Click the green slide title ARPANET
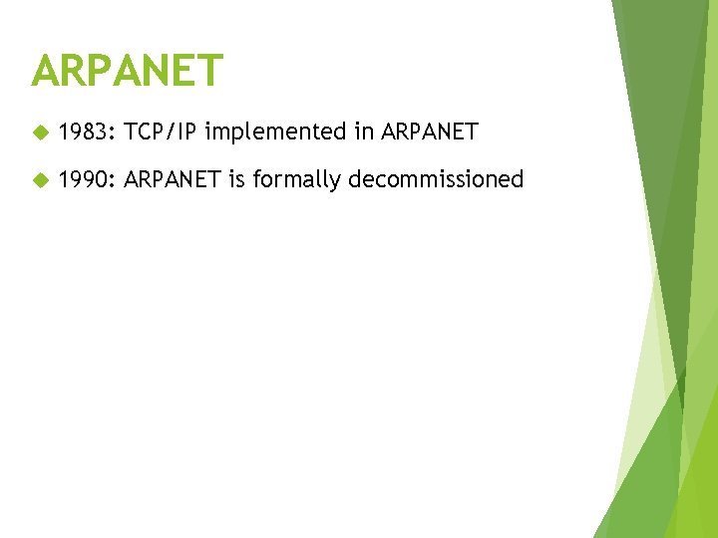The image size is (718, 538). click(x=128, y=71)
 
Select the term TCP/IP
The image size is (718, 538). click(x=162, y=132)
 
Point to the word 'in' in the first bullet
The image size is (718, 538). click(x=360, y=132)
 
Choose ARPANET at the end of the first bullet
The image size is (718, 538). click(x=430, y=132)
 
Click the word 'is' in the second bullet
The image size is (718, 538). click(x=237, y=179)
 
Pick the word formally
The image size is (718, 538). click(x=296, y=179)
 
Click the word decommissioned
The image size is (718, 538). click(x=436, y=179)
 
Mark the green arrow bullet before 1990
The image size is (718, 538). click(x=40, y=180)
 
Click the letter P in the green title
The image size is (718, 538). click(x=105, y=71)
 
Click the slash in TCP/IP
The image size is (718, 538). click(x=175, y=132)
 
